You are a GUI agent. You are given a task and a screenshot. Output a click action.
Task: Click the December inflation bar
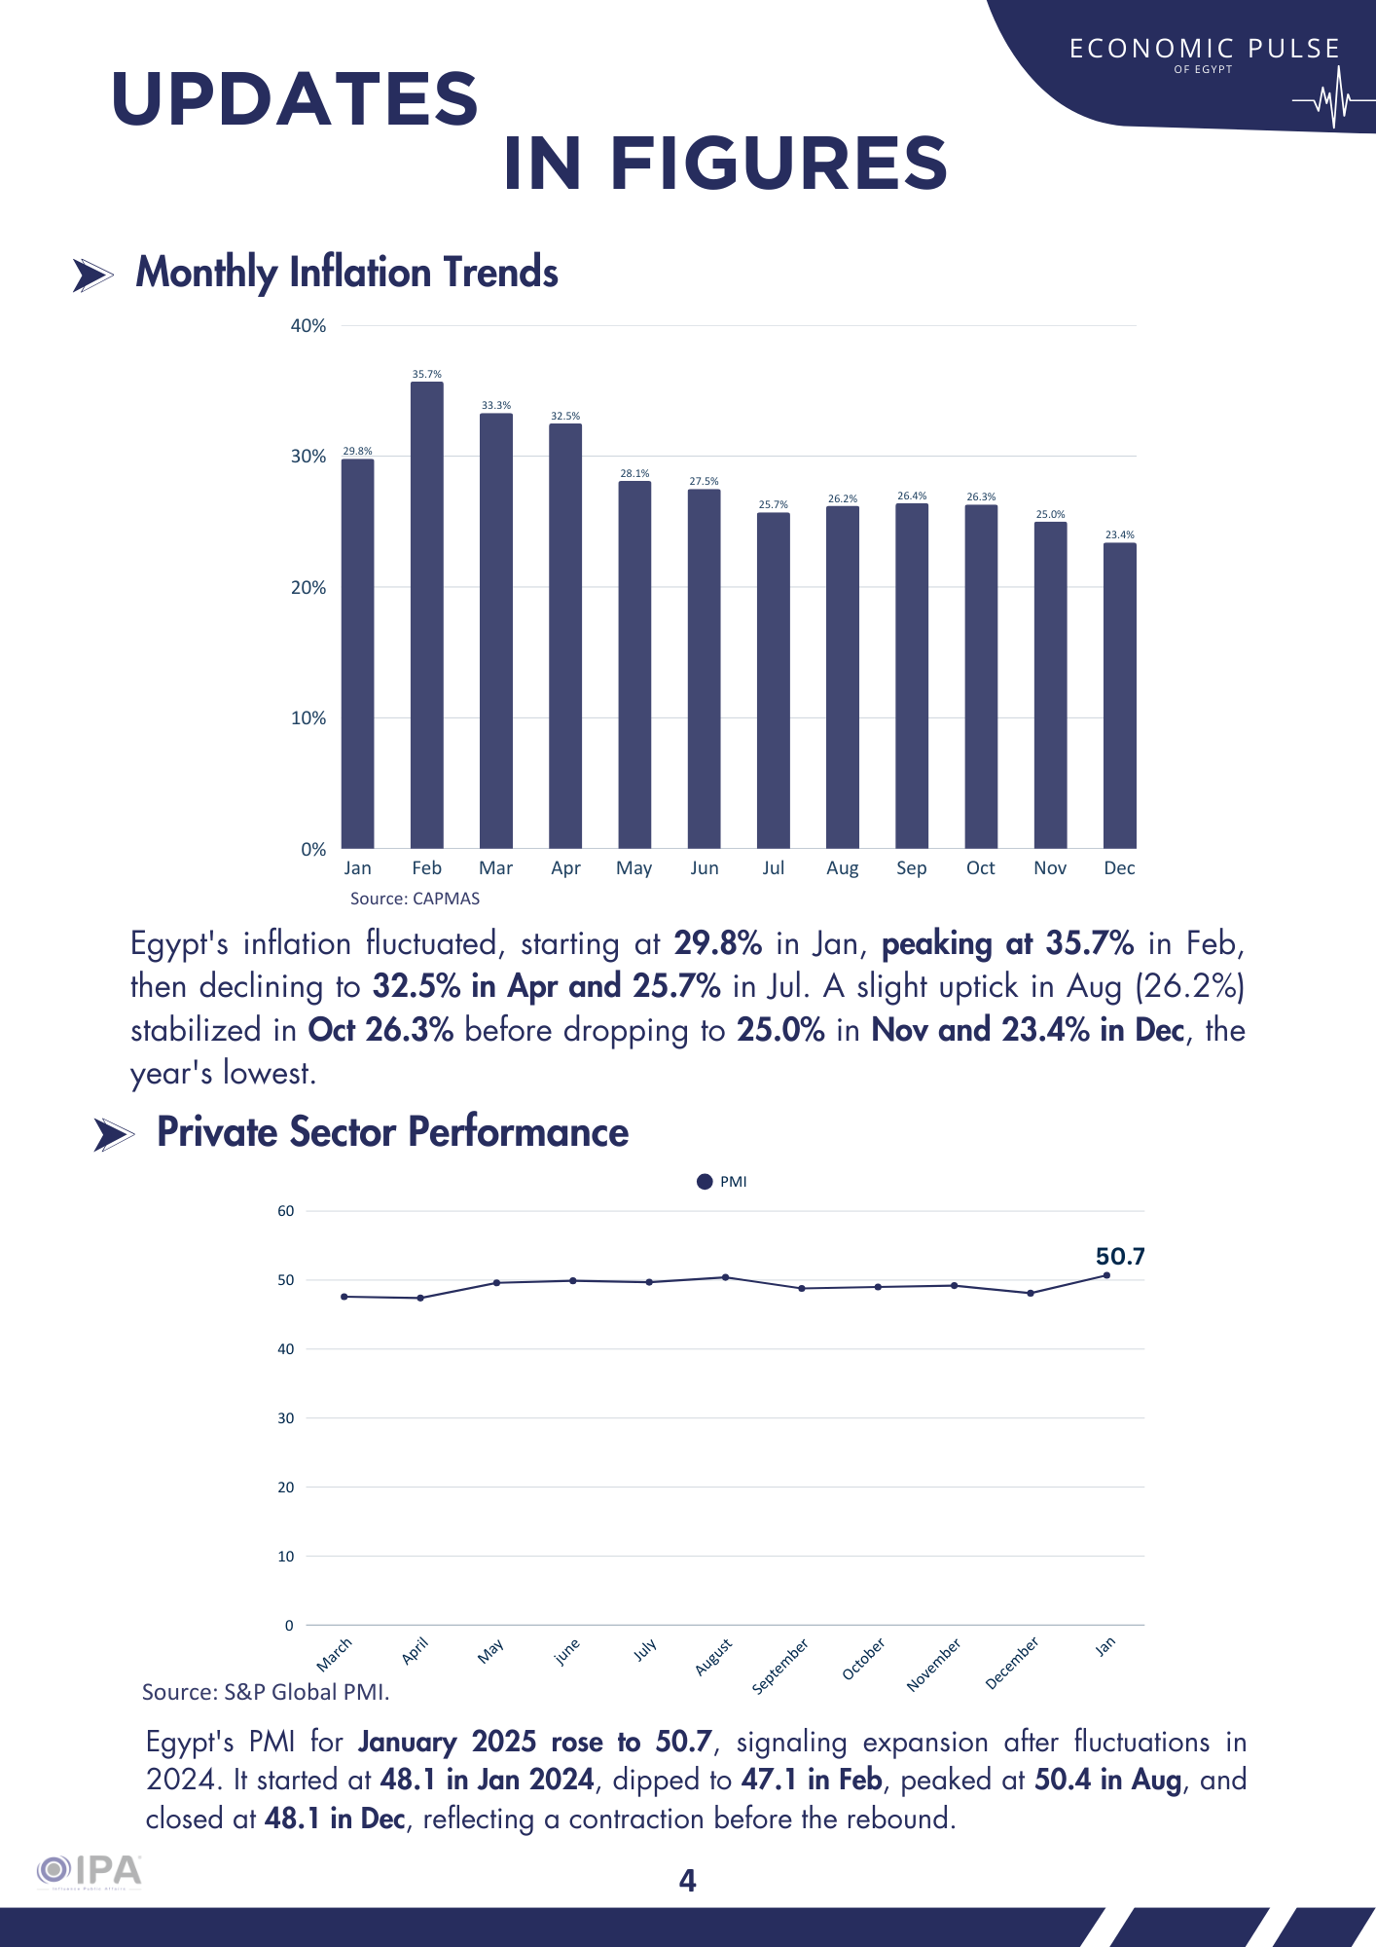click(x=1119, y=695)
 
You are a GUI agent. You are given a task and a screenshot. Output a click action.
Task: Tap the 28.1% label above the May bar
click(x=634, y=474)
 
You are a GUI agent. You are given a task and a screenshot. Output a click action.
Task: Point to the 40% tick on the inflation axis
click(x=308, y=326)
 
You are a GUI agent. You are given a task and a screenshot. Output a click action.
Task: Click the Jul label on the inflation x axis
click(x=773, y=867)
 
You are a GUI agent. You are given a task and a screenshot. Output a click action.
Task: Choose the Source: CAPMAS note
click(x=415, y=899)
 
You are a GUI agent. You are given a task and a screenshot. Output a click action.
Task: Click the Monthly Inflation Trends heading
click(x=346, y=273)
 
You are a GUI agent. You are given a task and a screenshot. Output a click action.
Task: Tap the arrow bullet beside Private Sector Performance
click(x=113, y=1134)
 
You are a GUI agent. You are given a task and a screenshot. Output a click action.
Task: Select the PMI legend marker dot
click(x=705, y=1182)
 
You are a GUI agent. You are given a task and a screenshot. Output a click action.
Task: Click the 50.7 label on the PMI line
click(x=1119, y=1257)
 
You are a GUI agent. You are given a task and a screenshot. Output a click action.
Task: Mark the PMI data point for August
click(x=725, y=1277)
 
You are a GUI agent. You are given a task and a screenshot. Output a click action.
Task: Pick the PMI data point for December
click(x=1031, y=1293)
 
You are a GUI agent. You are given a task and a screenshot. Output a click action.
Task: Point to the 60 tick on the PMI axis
click(x=285, y=1211)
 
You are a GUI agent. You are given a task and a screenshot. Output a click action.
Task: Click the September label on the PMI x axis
click(x=780, y=1666)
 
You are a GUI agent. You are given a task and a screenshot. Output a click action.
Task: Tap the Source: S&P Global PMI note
click(x=266, y=1692)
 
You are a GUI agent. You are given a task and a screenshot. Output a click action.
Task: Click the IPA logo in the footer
click(x=90, y=1871)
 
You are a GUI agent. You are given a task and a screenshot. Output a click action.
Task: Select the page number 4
click(x=687, y=1881)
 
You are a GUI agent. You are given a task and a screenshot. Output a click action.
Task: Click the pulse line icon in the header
click(x=1331, y=99)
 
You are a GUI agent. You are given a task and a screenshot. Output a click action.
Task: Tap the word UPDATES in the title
click(x=295, y=99)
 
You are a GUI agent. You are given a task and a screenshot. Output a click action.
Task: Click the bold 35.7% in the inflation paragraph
click(x=1089, y=943)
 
